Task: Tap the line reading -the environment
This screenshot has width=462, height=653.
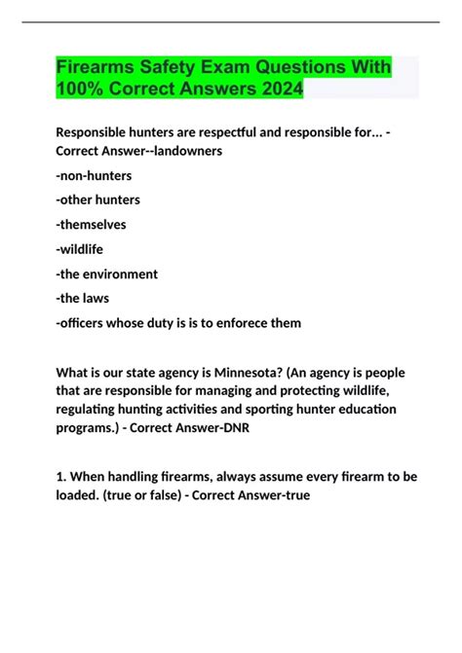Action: (107, 273)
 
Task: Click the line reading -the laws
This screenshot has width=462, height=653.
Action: (83, 298)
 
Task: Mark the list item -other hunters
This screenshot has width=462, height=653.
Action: (98, 200)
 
